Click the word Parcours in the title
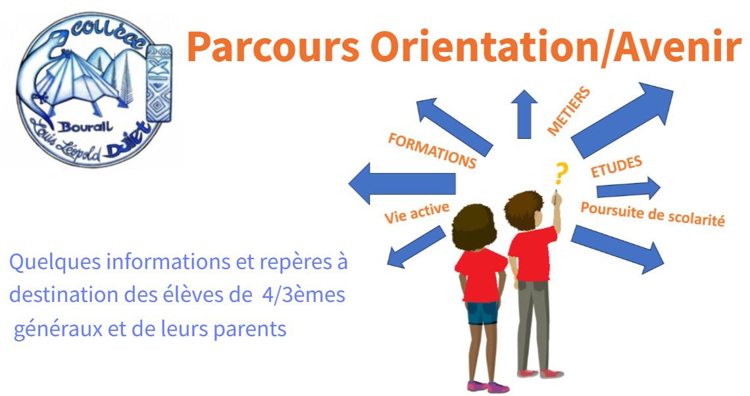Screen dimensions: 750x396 (x=273, y=47)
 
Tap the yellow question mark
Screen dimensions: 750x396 (x=561, y=174)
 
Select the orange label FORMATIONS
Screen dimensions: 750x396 (x=432, y=151)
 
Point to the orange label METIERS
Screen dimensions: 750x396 (x=568, y=111)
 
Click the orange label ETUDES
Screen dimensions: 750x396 (x=616, y=167)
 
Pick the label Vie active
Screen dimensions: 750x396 (x=417, y=212)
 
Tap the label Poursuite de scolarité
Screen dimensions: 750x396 (x=653, y=214)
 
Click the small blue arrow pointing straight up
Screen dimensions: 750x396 (x=524, y=114)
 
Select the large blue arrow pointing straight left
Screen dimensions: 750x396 (x=402, y=183)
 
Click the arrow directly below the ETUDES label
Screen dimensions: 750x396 (x=628, y=187)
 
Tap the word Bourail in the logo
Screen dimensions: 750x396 (x=86, y=127)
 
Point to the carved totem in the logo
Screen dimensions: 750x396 (x=159, y=83)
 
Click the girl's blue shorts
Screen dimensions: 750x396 (x=483, y=312)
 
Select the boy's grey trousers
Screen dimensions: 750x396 (x=534, y=325)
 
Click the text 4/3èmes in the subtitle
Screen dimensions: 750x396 (x=304, y=295)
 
